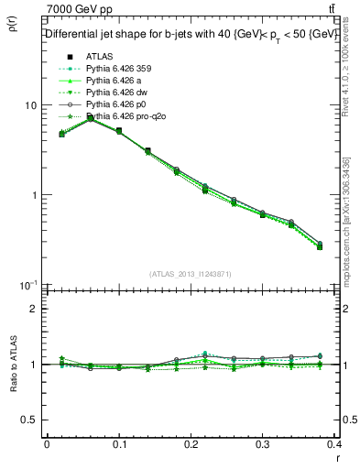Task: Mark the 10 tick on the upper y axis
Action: point(30,105)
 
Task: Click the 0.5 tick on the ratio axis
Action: point(29,420)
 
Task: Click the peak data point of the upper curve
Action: point(90,117)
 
